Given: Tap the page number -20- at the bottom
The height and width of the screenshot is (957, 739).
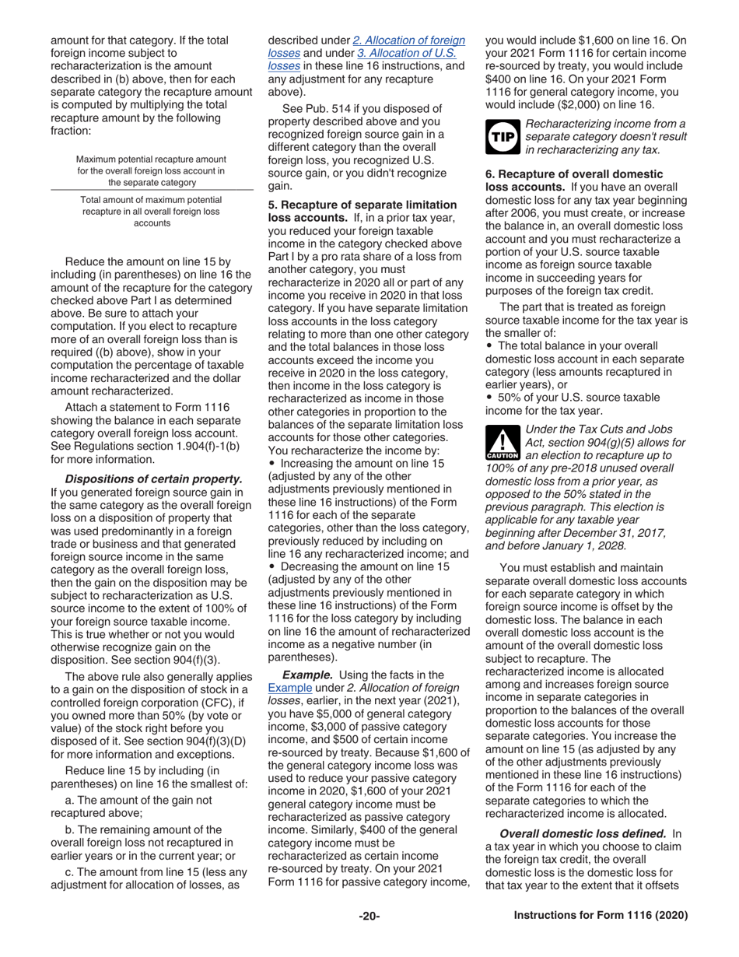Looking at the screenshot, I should [369, 916].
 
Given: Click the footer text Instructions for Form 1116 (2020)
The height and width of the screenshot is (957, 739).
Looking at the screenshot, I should [601, 916].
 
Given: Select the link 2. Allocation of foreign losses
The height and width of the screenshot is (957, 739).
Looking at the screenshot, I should [408, 40].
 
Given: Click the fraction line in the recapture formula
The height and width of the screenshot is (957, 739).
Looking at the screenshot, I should [152, 191].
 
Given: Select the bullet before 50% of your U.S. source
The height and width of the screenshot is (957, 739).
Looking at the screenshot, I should [489, 397].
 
